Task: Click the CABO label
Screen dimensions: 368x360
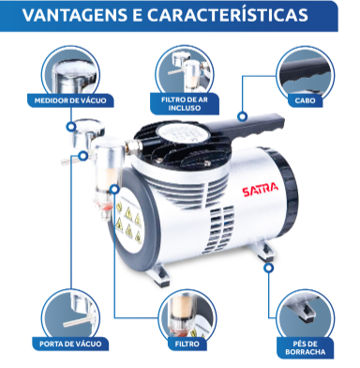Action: pos(306,99)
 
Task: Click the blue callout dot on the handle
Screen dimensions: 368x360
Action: pos(241,116)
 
